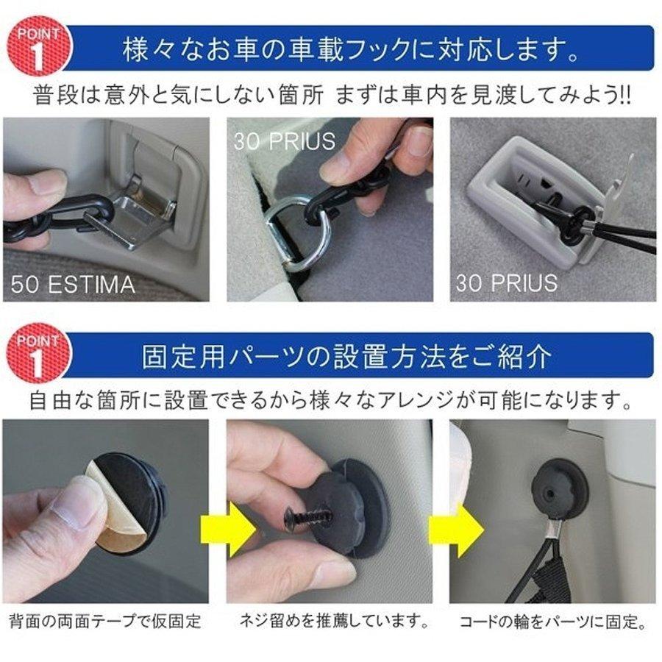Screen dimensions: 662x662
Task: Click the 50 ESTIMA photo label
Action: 73,284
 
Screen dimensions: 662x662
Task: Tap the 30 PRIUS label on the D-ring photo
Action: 284,140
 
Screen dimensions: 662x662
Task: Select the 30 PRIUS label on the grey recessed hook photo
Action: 507,283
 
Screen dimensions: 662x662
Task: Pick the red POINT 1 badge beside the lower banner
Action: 38,352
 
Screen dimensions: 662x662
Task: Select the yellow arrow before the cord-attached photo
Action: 455,529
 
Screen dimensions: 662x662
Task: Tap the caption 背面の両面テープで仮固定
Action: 104,621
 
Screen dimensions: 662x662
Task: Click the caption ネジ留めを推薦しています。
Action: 333,620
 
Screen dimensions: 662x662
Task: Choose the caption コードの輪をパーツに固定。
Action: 552,622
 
